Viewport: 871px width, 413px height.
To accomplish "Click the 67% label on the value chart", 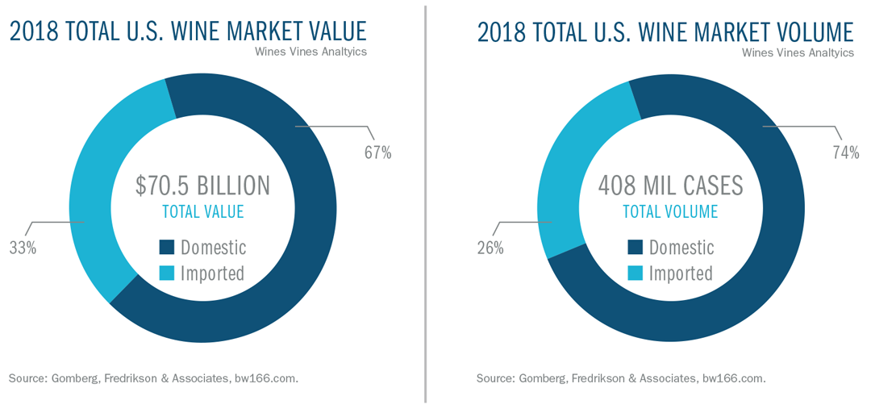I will (x=377, y=152).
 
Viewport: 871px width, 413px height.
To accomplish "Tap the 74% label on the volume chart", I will (x=845, y=152).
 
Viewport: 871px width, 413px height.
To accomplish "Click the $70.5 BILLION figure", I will (x=202, y=186).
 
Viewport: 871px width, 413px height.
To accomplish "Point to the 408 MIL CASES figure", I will (x=670, y=186).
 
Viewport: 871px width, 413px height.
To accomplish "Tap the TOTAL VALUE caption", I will (x=202, y=212).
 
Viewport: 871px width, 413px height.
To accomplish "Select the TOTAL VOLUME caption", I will (x=670, y=212).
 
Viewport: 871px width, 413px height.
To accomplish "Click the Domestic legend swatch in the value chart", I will (x=167, y=248).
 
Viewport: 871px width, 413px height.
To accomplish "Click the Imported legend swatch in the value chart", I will (x=167, y=273).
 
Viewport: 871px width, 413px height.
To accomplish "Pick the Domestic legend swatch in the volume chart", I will (x=635, y=248).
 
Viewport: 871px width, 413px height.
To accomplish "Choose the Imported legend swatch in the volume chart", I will (x=635, y=273).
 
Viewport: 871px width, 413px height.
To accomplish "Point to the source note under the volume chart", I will (x=621, y=378).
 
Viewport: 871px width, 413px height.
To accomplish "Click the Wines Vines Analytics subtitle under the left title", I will (x=311, y=52).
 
